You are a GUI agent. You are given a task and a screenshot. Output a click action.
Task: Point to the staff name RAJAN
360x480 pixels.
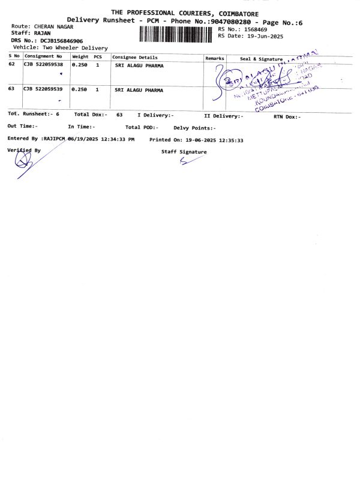[x=43, y=34]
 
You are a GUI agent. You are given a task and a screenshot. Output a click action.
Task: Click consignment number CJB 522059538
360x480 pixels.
[x=43, y=65]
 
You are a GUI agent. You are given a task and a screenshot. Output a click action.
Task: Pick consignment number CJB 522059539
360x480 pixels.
[x=43, y=89]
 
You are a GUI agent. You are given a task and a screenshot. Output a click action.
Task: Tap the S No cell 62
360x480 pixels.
[x=12, y=65]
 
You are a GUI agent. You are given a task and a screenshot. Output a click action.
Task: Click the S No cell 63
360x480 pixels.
[x=12, y=89]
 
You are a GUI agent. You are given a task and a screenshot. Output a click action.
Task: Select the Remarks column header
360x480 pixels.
[x=215, y=58]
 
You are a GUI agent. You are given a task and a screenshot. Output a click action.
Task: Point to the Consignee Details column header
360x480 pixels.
[x=135, y=57]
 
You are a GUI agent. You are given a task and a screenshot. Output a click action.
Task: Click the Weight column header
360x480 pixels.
[x=80, y=57]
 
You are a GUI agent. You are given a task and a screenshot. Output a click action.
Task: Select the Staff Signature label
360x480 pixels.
[x=184, y=152]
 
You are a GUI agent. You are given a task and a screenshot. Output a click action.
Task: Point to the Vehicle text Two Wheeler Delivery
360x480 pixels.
[x=74, y=47]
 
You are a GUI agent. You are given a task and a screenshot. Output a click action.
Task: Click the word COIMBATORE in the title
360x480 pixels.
[x=229, y=13]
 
